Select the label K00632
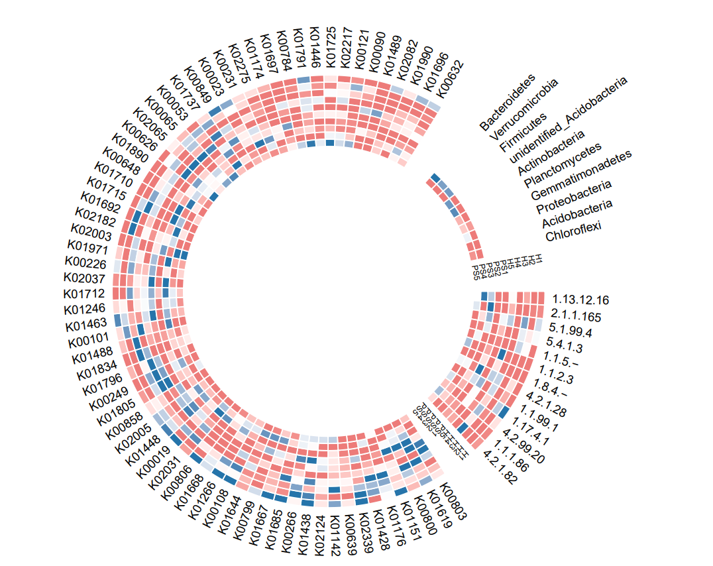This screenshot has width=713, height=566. pyautogui.click(x=451, y=79)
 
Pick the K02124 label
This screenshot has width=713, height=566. pyautogui.click(x=319, y=536)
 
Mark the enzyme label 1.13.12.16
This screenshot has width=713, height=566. pyautogui.click(x=580, y=299)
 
